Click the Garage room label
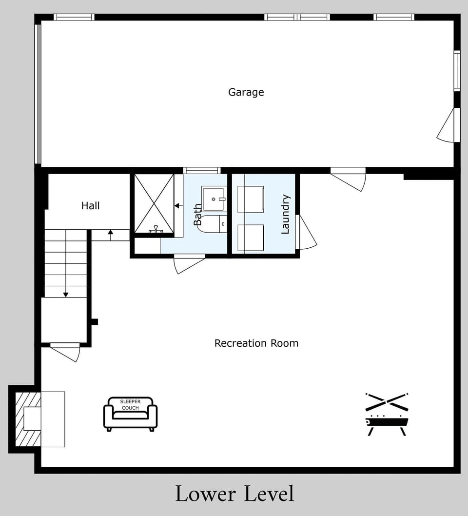click(x=246, y=92)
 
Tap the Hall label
click(x=90, y=206)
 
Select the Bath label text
click(x=197, y=215)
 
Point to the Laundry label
click(x=286, y=214)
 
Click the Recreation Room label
click(x=256, y=343)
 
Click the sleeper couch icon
click(x=130, y=414)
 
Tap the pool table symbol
click(x=386, y=424)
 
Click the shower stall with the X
click(x=154, y=203)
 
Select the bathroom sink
click(x=214, y=198)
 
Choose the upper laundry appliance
click(x=251, y=199)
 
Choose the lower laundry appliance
click(x=251, y=238)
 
